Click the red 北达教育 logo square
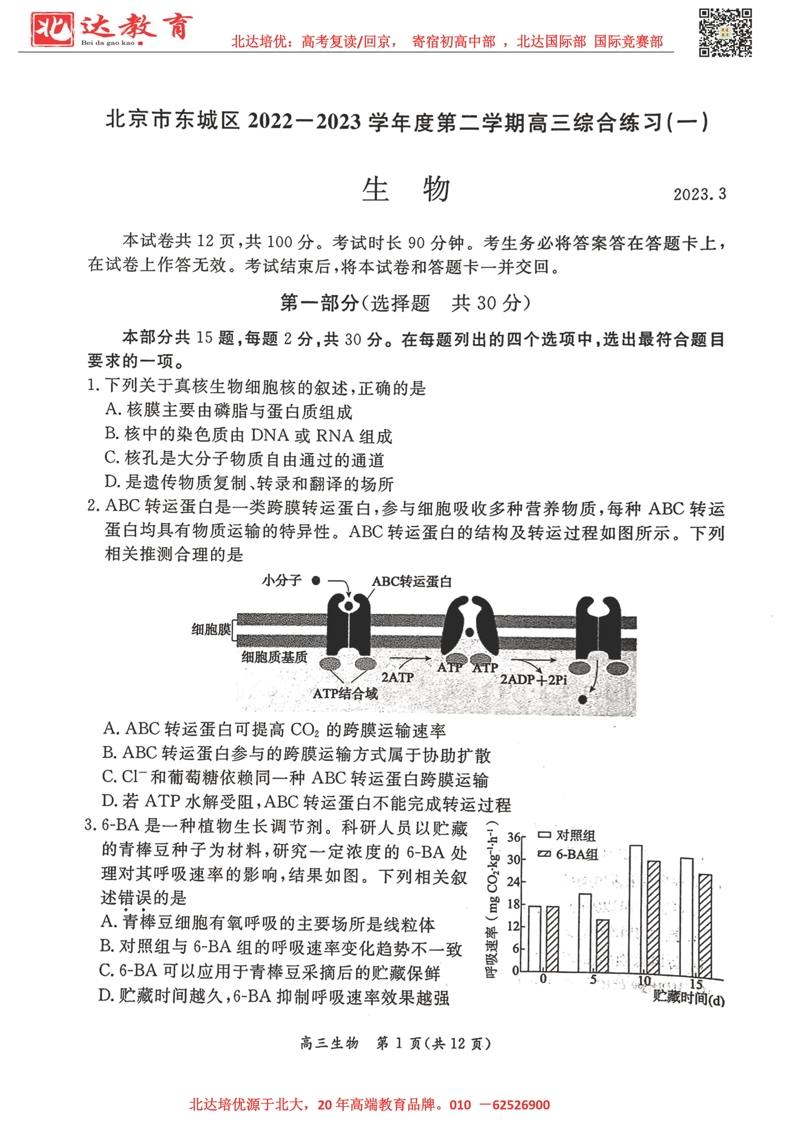tap(52, 29)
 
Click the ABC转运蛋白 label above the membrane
tap(412, 581)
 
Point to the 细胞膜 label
tap(211, 629)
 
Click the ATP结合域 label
tap(345, 693)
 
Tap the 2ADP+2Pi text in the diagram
tap(533, 679)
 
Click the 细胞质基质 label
tap(274, 657)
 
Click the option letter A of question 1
tap(112, 409)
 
